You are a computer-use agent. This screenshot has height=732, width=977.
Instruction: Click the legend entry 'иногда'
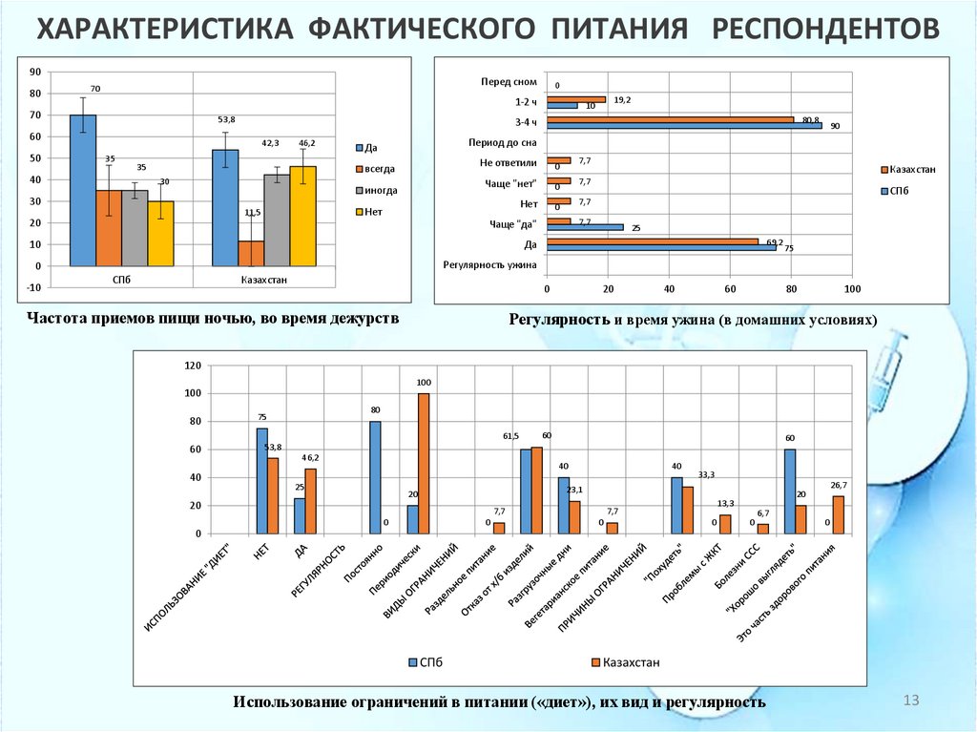tap(379, 190)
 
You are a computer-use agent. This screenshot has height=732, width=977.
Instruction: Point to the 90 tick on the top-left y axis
tap(34, 72)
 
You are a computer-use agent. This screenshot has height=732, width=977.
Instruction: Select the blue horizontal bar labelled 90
tap(684, 125)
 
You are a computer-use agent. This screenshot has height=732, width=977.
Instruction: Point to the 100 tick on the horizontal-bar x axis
tap(852, 288)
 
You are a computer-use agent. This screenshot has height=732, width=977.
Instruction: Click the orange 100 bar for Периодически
tap(424, 464)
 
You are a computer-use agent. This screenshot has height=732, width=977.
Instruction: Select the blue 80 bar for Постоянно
tap(375, 477)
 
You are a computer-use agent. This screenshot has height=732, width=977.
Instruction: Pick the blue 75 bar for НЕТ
tap(261, 481)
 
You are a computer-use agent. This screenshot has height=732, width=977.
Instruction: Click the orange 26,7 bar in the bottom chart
tap(839, 515)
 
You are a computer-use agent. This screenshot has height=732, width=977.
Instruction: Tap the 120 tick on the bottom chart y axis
tap(191, 366)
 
